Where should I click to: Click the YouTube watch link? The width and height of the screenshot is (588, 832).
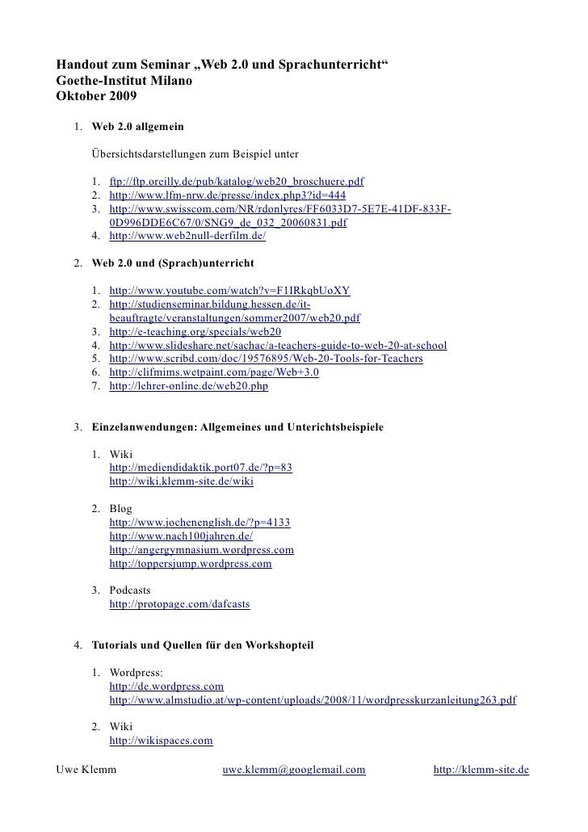[x=229, y=291]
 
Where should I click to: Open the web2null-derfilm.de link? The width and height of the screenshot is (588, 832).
[x=187, y=237]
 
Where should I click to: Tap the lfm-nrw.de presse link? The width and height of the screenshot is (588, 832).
[x=227, y=196]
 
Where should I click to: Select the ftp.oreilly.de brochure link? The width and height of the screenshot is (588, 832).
[x=237, y=183]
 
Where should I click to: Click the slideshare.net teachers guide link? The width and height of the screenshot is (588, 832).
[x=278, y=345]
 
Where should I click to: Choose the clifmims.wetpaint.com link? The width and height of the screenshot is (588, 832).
[x=214, y=372]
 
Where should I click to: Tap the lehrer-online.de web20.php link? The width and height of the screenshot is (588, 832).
[x=188, y=386]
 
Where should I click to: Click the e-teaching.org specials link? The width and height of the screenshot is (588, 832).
[x=195, y=331]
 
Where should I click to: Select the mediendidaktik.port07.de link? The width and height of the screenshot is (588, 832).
[x=200, y=468]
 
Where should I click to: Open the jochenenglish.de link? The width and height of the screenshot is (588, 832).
[x=199, y=523]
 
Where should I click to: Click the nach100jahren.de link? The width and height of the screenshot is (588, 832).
[x=181, y=536]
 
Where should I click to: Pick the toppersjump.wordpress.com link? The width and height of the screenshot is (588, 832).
[x=190, y=564]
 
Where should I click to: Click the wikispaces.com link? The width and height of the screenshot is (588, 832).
[x=161, y=740]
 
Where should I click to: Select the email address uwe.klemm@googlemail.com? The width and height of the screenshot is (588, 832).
[x=294, y=770]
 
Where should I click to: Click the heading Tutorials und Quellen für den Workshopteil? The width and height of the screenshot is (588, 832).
[x=202, y=645]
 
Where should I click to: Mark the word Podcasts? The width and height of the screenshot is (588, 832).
[x=136, y=590]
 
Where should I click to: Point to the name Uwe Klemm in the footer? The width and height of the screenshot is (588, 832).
[x=86, y=770]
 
